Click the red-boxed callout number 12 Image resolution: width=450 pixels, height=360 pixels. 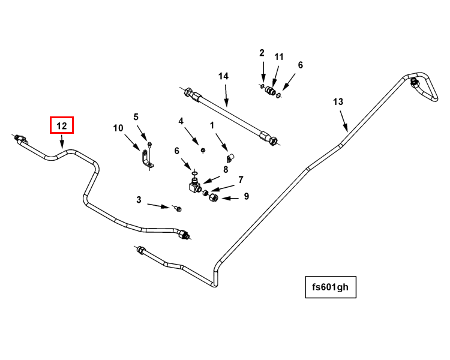(x=61, y=125)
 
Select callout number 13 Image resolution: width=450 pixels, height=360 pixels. (x=338, y=102)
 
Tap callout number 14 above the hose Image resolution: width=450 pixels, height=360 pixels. (x=223, y=76)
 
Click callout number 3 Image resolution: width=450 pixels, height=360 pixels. (x=139, y=200)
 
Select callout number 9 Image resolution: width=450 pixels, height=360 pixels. (x=246, y=196)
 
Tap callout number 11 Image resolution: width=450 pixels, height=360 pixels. (x=278, y=56)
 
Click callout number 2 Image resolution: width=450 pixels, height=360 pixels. (x=262, y=53)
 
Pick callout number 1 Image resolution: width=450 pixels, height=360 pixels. (x=212, y=125)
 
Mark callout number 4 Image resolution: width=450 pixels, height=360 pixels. (x=181, y=121)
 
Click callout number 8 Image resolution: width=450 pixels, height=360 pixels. (x=226, y=169)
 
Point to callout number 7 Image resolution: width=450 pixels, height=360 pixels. (x=241, y=179)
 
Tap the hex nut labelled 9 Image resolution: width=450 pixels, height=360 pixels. (x=213, y=198)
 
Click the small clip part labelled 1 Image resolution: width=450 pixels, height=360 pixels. (x=229, y=157)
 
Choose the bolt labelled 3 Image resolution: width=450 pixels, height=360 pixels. (x=178, y=209)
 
